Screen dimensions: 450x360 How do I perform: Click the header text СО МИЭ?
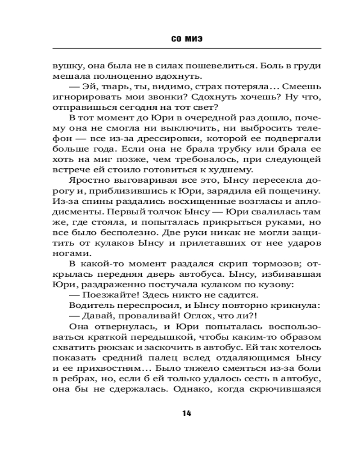tap(187, 39)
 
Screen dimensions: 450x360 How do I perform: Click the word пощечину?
tap(296, 190)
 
